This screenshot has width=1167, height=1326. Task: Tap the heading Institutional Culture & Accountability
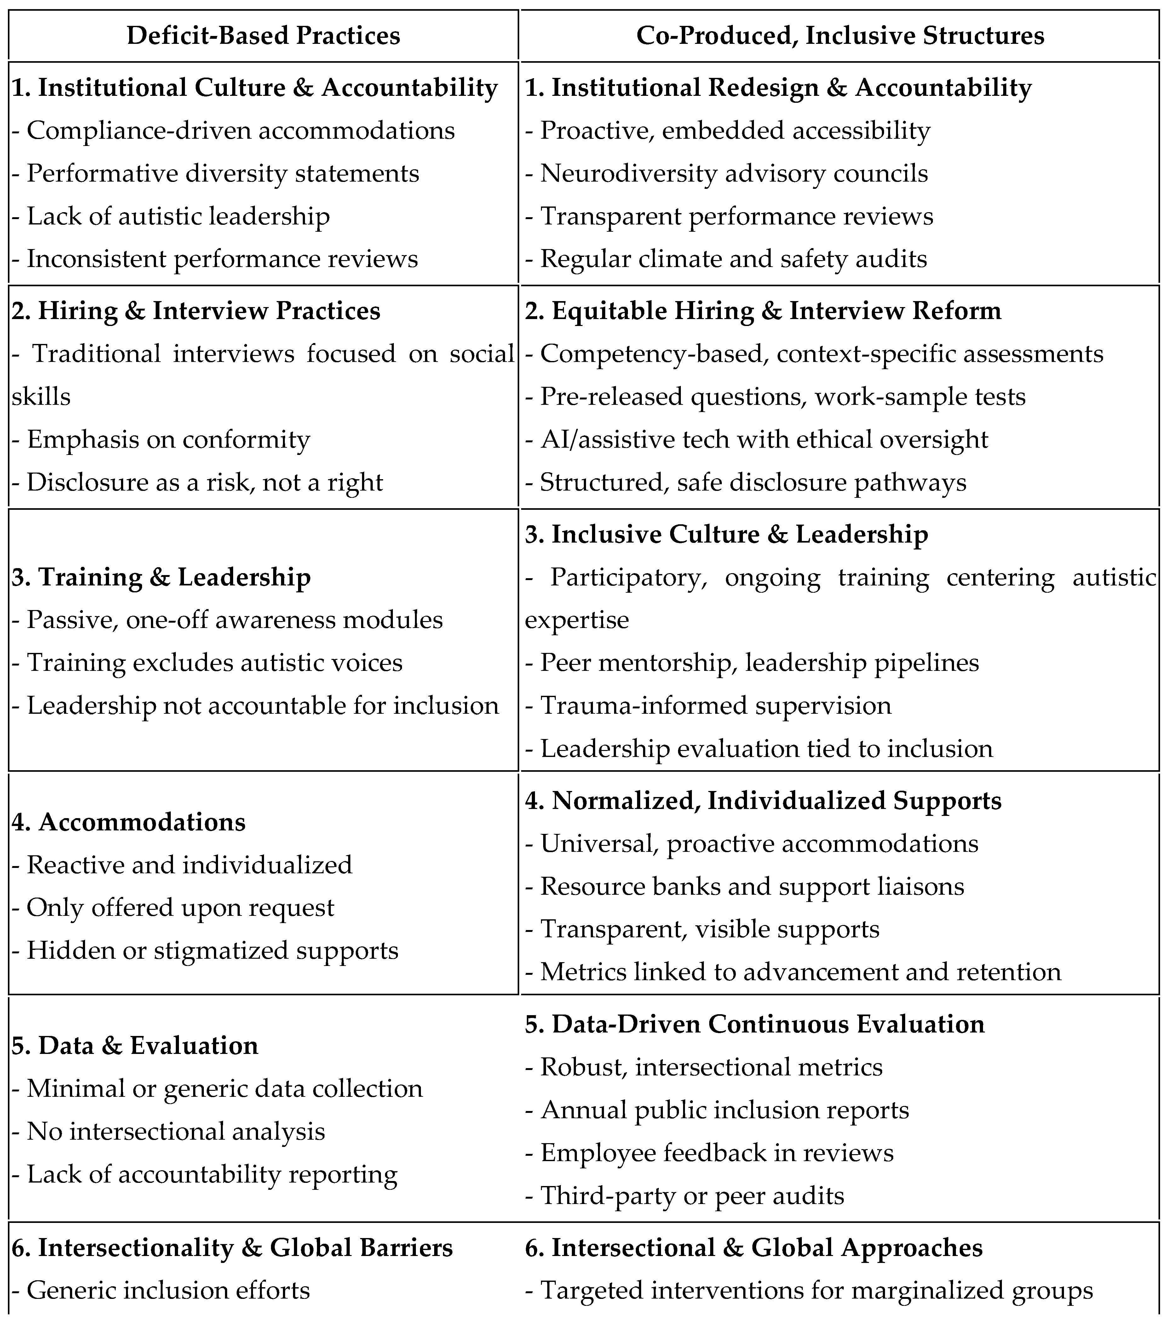(x=255, y=88)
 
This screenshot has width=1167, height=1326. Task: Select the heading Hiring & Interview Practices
(x=196, y=311)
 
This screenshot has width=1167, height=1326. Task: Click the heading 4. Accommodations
(x=128, y=822)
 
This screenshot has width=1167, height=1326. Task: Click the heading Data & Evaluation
(x=135, y=1045)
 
